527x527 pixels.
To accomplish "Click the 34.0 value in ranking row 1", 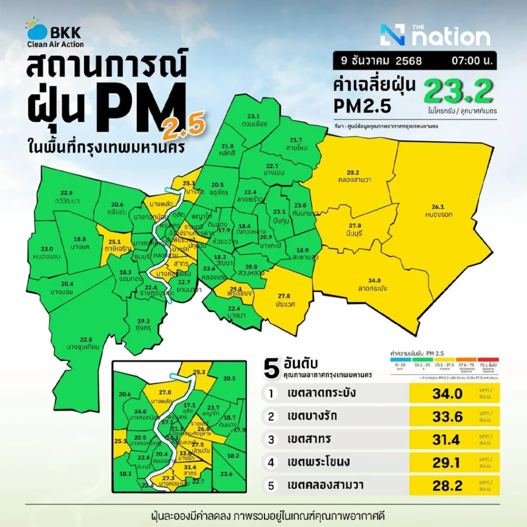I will pyautogui.click(x=447, y=394).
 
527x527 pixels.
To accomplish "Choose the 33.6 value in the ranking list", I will pyautogui.click(x=447, y=417).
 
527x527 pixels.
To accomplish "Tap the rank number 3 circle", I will pyautogui.click(x=271, y=440).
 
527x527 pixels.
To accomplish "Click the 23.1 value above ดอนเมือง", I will pyautogui.click(x=253, y=116).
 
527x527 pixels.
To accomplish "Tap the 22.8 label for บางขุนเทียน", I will pyautogui.click(x=86, y=340).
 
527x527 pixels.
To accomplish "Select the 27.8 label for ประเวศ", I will pyautogui.click(x=284, y=296).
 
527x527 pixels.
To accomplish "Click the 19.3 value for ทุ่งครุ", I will pyautogui.click(x=144, y=321).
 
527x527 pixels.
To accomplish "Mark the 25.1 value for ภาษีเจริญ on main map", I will pyautogui.click(x=115, y=242).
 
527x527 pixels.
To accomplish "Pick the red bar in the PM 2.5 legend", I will pyautogui.click(x=488, y=360).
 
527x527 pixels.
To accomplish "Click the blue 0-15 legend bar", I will pyautogui.click(x=401, y=360).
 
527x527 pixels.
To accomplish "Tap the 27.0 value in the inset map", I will pyautogui.click(x=165, y=392).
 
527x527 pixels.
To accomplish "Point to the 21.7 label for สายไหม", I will pyautogui.click(x=296, y=140).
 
